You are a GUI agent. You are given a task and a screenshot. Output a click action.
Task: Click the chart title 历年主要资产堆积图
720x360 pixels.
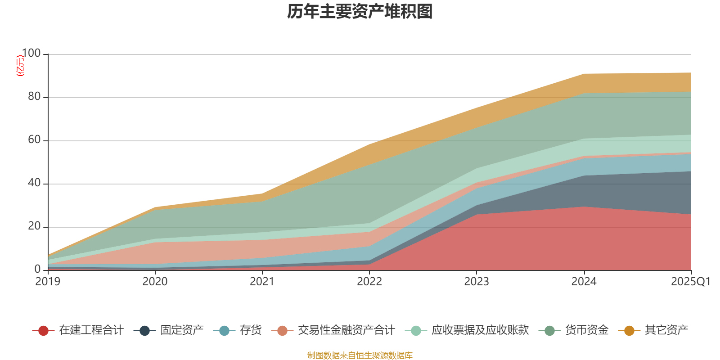[360, 12]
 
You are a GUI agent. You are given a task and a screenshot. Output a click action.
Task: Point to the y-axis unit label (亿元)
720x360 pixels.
[20, 66]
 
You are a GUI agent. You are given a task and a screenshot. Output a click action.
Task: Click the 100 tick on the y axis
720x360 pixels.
[31, 54]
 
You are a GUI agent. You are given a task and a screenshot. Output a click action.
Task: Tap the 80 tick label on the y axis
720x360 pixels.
[34, 97]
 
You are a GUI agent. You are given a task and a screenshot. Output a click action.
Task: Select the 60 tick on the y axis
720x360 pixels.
[34, 140]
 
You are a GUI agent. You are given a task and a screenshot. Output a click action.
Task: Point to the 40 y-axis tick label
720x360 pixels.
[34, 183]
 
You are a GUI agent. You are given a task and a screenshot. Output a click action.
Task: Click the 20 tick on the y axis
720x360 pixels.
[34, 226]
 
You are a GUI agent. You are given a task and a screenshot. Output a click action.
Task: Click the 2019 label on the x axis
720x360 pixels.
[48, 282]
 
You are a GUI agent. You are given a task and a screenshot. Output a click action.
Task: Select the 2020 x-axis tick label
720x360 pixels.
[155, 282]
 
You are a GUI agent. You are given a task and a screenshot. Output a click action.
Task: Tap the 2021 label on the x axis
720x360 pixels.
[262, 282]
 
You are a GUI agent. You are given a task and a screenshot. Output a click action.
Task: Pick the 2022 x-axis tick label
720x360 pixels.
[369, 282]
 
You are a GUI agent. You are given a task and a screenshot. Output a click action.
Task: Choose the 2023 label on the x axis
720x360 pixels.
[477, 282]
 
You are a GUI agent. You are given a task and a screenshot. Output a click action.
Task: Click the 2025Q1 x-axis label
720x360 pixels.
[690, 282]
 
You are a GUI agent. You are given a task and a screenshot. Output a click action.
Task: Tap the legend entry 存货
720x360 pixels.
[250, 330]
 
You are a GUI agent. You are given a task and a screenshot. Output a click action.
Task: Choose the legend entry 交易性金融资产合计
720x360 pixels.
[346, 330]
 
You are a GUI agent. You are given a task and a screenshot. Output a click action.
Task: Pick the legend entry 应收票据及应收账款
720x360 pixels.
[480, 330]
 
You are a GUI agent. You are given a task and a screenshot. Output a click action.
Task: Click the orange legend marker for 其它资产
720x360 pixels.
[629, 331]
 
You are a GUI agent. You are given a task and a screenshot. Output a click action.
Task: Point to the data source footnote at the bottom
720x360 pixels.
[360, 355]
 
